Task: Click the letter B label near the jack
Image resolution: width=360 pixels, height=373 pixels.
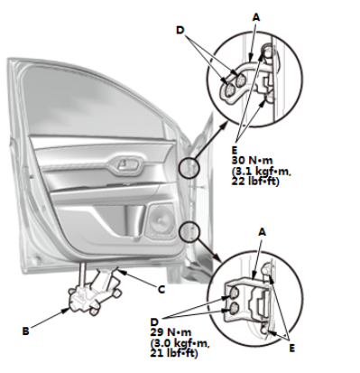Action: point(25,331)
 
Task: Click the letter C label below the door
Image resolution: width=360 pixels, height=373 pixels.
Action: point(162,290)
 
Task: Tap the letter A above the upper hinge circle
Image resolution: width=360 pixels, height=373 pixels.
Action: point(255,18)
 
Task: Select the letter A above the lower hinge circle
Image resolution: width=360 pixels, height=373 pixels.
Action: point(263,232)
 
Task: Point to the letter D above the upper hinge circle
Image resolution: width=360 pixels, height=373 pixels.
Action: point(180,30)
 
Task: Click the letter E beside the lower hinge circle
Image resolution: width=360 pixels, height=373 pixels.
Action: point(291,349)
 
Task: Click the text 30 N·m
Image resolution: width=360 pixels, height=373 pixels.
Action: point(252,160)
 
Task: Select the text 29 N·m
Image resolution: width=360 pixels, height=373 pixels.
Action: point(171,332)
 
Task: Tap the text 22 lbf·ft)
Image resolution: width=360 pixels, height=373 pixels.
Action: point(255,182)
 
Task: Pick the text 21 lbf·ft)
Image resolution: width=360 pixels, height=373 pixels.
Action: point(174,353)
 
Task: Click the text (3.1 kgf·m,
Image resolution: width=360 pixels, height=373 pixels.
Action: point(261,171)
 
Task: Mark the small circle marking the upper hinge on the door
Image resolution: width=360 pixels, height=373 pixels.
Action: point(189,167)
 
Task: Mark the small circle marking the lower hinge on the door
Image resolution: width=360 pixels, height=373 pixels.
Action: point(189,231)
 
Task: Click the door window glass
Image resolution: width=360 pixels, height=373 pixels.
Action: point(93,102)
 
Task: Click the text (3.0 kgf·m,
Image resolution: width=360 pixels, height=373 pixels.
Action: point(180,343)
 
